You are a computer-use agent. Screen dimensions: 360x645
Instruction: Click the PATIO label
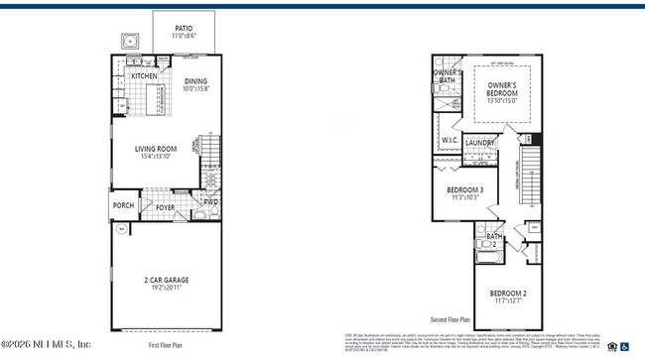pyautogui.click(x=184, y=29)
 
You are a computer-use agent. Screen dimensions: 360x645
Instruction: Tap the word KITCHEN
pyautogui.click(x=145, y=75)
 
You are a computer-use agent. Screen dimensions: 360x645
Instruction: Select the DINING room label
pyautogui.click(x=195, y=82)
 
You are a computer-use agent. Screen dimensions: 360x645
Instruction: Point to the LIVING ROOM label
pyautogui.click(x=156, y=149)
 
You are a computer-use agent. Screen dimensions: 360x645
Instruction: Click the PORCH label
pyautogui.click(x=123, y=206)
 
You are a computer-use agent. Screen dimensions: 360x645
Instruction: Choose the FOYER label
pyautogui.click(x=165, y=207)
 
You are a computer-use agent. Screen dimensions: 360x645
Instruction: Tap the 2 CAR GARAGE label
pyautogui.click(x=166, y=281)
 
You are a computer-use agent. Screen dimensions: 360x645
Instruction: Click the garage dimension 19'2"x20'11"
pyautogui.click(x=166, y=289)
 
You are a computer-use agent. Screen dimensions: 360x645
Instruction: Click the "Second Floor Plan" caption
pyautogui.click(x=451, y=320)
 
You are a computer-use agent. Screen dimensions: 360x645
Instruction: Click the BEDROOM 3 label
pyautogui.click(x=464, y=189)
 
